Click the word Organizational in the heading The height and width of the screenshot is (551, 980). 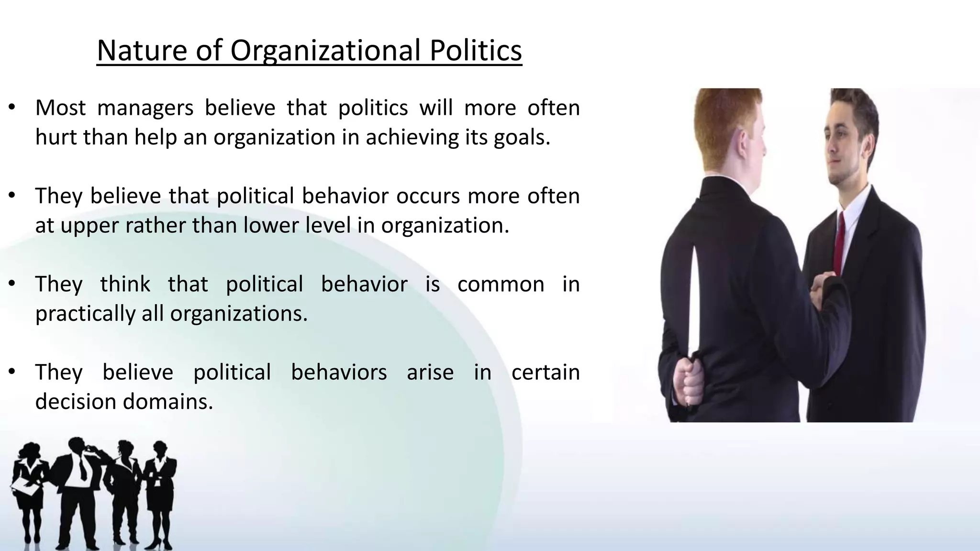[x=325, y=51]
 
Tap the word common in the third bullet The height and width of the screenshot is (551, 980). [x=501, y=284]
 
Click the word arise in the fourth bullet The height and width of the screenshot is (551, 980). [x=430, y=372]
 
